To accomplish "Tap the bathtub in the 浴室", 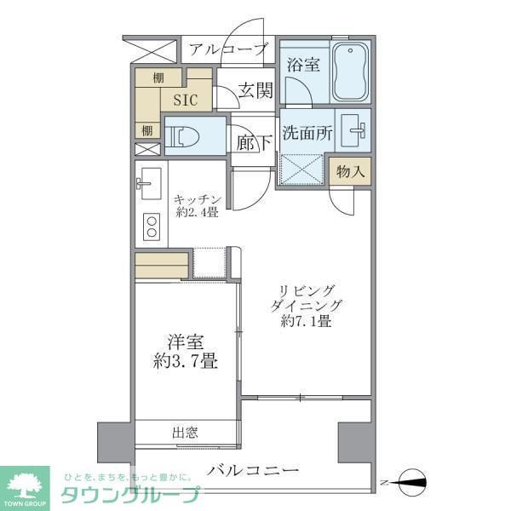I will click(x=350, y=71).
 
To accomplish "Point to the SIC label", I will click(x=186, y=100).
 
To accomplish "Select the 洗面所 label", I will click(x=304, y=134).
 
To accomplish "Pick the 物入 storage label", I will click(x=351, y=171).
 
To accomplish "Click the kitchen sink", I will click(x=150, y=180).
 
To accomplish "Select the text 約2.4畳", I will click(x=196, y=214).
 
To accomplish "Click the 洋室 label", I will click(x=187, y=342).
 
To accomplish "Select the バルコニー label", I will click(x=253, y=469).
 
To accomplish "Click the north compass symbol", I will click(x=411, y=482).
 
